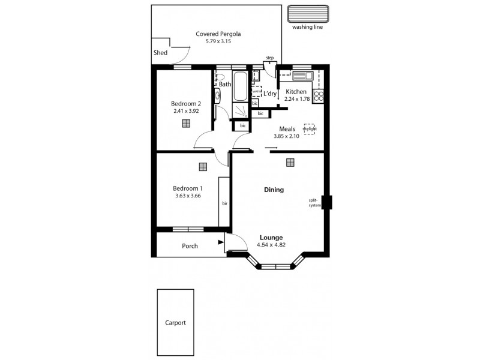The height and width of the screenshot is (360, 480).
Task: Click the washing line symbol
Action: coord(308,14)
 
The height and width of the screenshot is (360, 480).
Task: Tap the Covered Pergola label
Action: coord(214,34)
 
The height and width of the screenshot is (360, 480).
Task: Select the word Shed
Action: coord(160,53)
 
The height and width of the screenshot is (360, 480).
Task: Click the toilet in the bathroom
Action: coord(220,77)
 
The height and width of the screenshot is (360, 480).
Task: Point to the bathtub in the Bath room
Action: coord(239,86)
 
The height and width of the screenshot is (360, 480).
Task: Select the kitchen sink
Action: coord(298,75)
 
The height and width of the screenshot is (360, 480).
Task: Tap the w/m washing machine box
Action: coord(256,91)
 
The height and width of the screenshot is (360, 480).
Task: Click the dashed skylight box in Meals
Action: coord(310,128)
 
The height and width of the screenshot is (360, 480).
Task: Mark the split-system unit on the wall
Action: coord(327,202)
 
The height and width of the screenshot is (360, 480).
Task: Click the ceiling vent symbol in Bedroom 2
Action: coord(186,123)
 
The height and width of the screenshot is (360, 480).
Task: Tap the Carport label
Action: coord(175,322)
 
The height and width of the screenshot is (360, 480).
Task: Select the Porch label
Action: coord(190,246)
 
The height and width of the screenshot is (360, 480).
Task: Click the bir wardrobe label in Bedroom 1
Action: coord(224,203)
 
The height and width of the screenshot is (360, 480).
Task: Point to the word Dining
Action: coord(274,190)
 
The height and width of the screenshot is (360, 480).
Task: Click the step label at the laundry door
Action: coord(269,58)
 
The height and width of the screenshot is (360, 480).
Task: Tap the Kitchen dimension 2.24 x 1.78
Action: coord(297,99)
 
